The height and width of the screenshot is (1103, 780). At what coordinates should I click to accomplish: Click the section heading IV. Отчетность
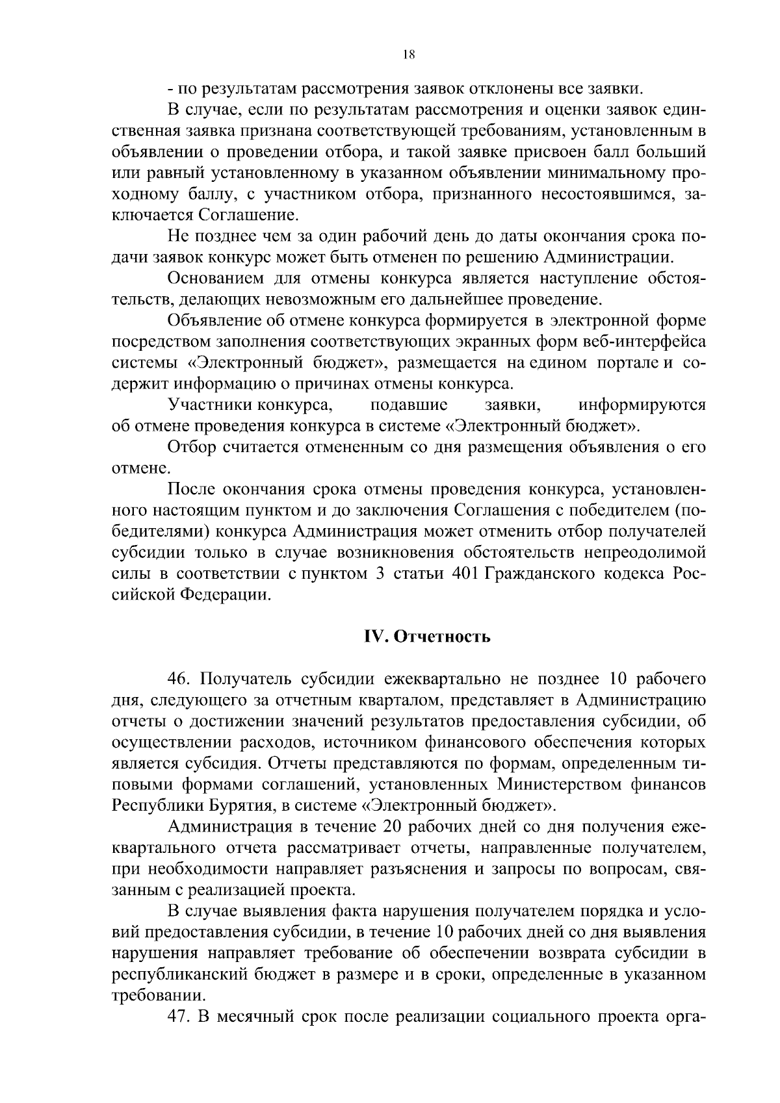pos(426,636)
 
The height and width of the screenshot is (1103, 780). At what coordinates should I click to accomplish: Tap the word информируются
pos(641,405)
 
